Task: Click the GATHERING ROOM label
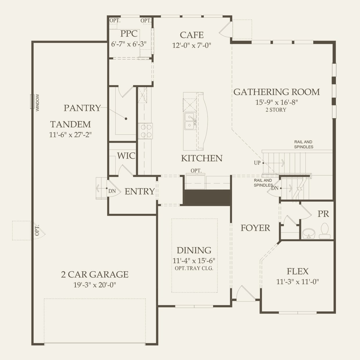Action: tap(276, 92)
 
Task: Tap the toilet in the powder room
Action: tap(325, 231)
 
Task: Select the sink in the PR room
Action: tap(308, 234)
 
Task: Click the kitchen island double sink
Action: tap(190, 121)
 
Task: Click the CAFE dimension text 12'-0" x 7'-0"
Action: tap(192, 45)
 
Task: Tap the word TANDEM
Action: tap(71, 125)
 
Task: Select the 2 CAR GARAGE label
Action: tap(95, 274)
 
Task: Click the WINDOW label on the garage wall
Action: tap(38, 103)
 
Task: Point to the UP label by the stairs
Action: tap(257, 163)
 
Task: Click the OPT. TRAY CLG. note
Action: tap(194, 268)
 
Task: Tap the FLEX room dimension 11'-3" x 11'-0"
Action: tap(297, 282)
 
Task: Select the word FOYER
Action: tap(255, 228)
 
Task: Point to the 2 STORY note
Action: tap(276, 110)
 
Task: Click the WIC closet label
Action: tap(126, 156)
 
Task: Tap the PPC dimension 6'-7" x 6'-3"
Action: tap(129, 44)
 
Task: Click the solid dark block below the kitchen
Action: tap(207, 198)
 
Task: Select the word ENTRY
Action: tap(140, 192)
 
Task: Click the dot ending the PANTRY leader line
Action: tap(126, 119)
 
